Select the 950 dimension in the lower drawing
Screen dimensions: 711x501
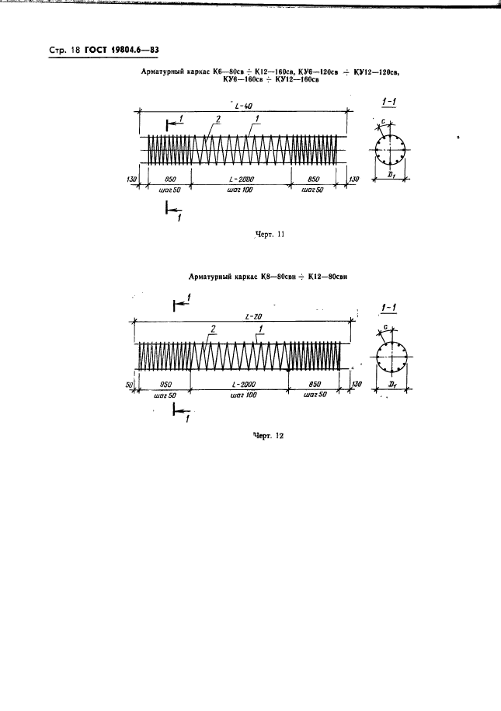point(165,385)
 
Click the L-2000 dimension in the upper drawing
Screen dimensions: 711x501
point(240,179)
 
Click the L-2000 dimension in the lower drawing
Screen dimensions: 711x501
point(244,385)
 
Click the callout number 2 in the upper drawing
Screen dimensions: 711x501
point(218,119)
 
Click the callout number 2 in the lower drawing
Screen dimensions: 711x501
point(210,329)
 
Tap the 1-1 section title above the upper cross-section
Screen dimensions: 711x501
point(390,102)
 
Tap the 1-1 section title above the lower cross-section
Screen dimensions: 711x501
point(391,308)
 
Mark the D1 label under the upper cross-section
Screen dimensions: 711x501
point(392,176)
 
